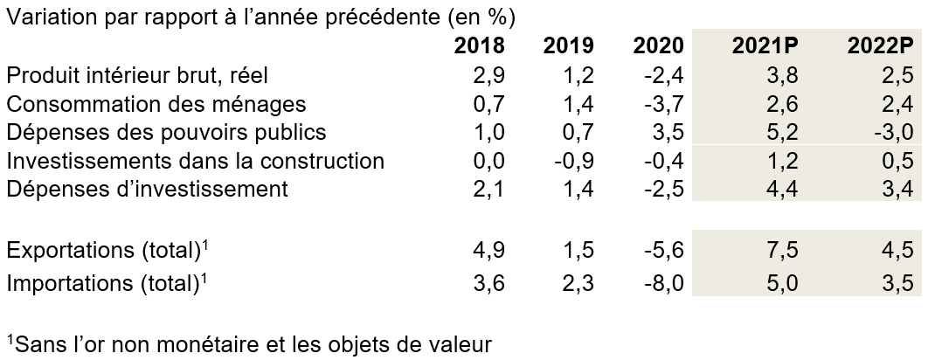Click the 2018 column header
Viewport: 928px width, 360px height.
tap(479, 45)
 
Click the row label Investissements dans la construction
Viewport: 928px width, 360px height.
tap(195, 161)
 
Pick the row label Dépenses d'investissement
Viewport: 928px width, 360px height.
tap(147, 190)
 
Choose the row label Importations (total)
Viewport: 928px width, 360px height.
tap(108, 282)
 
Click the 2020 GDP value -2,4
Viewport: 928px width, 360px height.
tap(665, 74)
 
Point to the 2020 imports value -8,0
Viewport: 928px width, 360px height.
tap(665, 282)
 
